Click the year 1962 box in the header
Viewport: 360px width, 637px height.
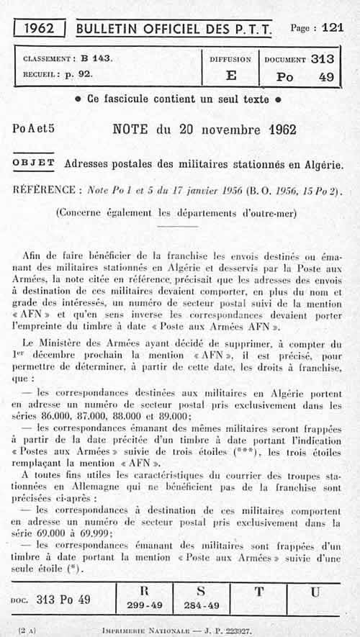(x=40, y=28)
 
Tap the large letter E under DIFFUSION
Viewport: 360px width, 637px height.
(x=230, y=76)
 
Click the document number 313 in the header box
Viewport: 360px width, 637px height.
(x=322, y=60)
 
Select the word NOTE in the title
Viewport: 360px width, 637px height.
(x=131, y=130)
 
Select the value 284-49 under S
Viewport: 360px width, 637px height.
(x=201, y=605)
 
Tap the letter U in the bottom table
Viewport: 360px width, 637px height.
(x=315, y=592)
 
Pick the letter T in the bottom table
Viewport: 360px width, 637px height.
(x=258, y=592)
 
